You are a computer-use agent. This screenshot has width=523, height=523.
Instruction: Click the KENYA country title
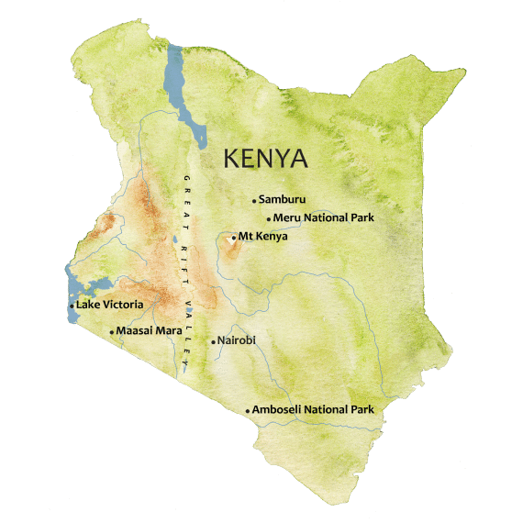[266, 159]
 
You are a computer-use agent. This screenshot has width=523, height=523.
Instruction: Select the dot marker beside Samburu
[254, 200]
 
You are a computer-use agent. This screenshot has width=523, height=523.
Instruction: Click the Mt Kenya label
[262, 237]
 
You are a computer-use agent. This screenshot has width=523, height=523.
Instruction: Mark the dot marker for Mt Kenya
[234, 238]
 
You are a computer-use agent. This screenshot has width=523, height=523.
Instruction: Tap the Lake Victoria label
[109, 304]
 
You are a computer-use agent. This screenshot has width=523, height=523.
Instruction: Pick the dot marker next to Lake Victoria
[72, 305]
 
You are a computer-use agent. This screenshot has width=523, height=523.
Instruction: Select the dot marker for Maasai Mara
[112, 331]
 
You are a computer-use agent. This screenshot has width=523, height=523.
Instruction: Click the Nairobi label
[236, 340]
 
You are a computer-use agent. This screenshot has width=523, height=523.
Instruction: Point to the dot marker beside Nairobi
[213, 342]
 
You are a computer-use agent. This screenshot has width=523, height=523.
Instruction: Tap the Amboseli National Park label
[313, 409]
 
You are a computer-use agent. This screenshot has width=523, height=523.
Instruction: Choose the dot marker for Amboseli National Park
[248, 410]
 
